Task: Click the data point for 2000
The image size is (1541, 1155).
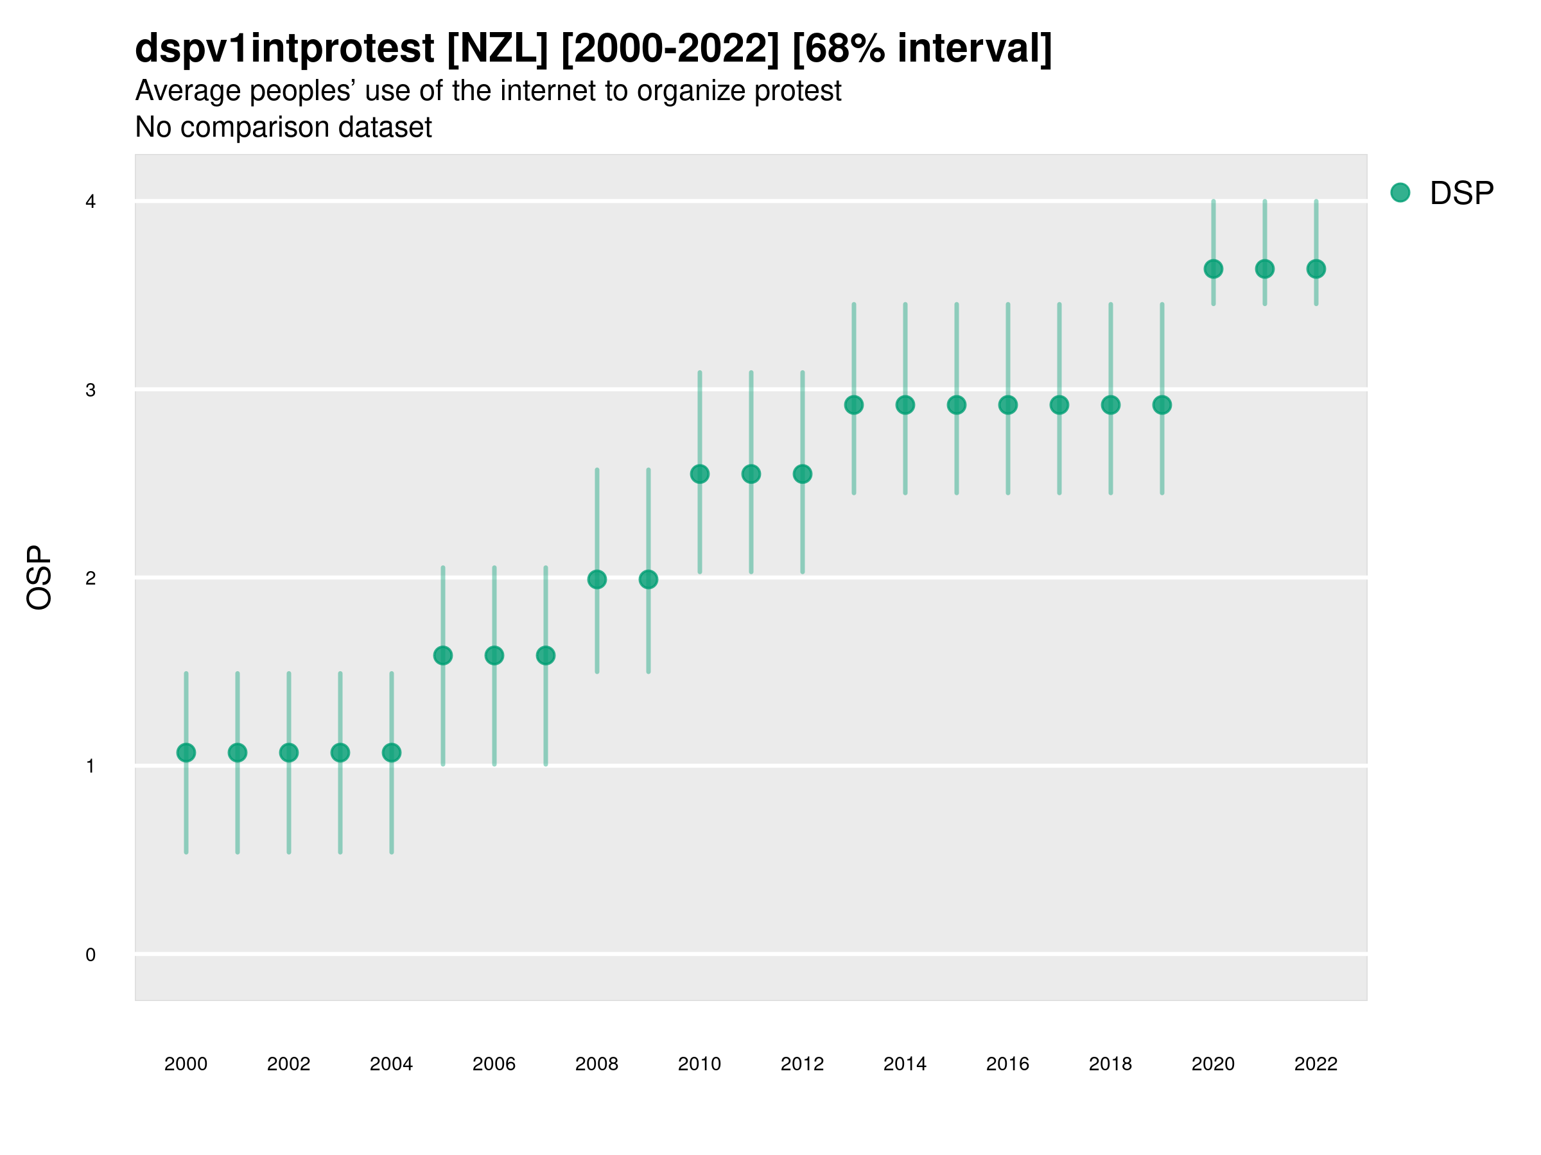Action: pos(186,753)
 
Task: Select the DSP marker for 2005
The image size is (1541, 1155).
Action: pos(443,655)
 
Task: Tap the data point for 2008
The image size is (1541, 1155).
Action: pos(597,579)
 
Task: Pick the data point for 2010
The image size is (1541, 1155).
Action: pos(699,474)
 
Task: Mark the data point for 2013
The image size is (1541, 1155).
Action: pos(854,405)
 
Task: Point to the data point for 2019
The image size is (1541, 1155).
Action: pos(1162,405)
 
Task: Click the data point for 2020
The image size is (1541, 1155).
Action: pos(1214,269)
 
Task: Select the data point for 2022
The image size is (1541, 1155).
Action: pos(1316,269)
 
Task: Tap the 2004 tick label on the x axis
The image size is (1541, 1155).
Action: pos(392,1064)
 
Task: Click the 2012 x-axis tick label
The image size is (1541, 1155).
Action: pos(803,1064)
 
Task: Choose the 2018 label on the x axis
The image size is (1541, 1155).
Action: pos(1110,1064)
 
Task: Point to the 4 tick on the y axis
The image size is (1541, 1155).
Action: pos(91,202)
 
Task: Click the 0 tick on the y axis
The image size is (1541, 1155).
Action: pos(91,955)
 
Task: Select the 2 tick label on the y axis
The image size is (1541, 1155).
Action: pos(91,579)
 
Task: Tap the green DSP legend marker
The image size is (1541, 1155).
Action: pos(1400,193)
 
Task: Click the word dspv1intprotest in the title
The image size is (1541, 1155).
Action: pos(285,49)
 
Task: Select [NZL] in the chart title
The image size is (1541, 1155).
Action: pos(498,49)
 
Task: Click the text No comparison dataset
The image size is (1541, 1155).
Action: pos(284,128)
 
